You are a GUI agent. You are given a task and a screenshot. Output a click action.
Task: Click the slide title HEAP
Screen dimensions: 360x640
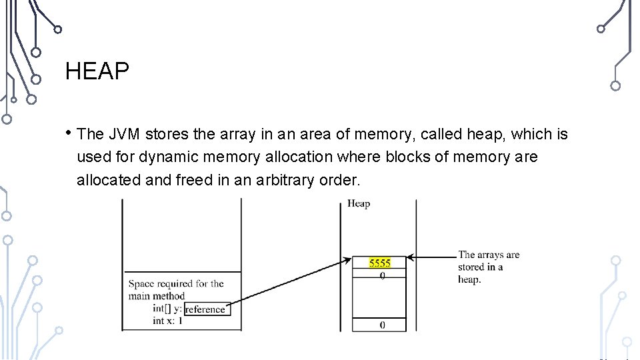tap(97, 71)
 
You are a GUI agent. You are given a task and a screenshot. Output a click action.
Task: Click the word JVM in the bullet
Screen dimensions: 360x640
tap(123, 135)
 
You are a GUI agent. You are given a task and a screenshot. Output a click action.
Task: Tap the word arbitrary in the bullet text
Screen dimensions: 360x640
tap(285, 180)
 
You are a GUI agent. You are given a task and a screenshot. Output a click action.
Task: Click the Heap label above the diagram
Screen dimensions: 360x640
tap(359, 204)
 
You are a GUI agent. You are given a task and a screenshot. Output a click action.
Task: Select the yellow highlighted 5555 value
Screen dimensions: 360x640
tap(380, 263)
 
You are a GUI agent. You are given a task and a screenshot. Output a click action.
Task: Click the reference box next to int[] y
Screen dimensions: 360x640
tap(205, 309)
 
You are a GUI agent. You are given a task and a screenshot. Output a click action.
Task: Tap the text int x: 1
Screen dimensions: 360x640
tap(167, 321)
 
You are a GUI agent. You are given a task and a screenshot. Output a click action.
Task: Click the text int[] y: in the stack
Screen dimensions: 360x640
tap(167, 309)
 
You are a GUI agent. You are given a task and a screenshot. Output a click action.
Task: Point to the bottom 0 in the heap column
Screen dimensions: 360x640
tap(382, 325)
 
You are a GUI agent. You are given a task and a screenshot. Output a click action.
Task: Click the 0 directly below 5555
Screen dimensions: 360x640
tap(382, 275)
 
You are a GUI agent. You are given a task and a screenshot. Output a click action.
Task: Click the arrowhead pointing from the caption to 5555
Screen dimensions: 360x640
tap(411, 257)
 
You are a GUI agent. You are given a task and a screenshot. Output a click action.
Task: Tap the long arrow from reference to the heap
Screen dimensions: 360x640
tap(293, 283)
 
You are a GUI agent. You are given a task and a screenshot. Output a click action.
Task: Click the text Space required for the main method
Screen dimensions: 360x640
tap(175, 289)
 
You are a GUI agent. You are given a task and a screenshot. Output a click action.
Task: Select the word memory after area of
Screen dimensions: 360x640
tap(377, 135)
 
